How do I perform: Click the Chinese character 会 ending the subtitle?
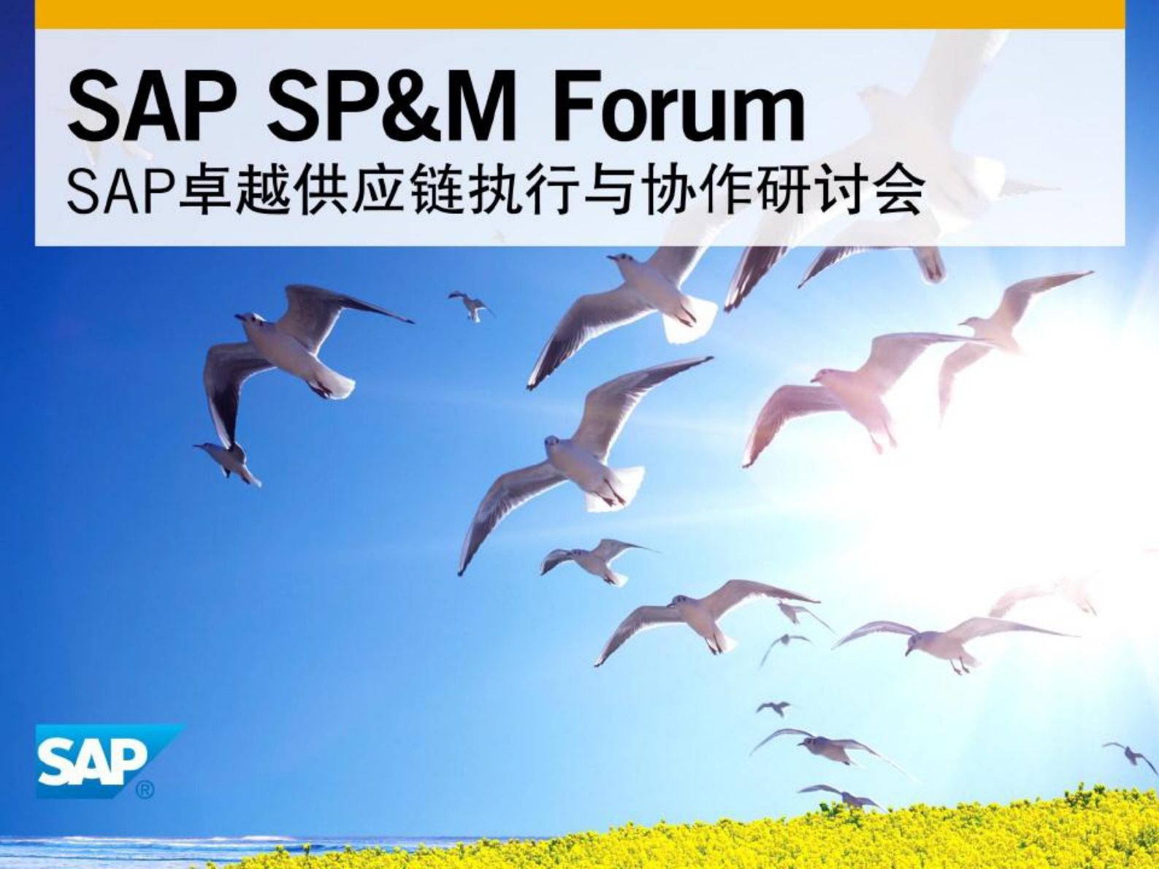tap(899, 192)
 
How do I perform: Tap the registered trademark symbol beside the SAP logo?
tap(145, 789)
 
